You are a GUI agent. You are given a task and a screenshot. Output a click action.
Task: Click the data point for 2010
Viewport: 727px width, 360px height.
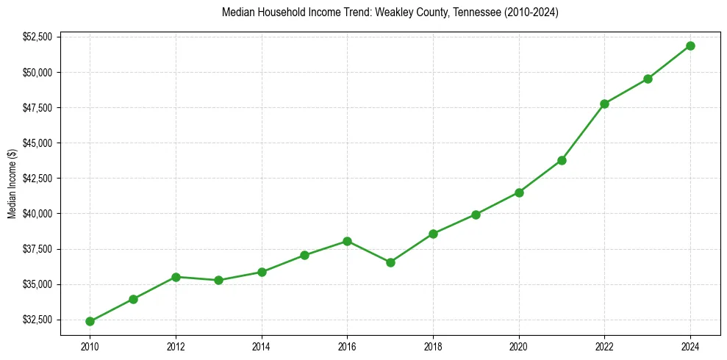[90, 321]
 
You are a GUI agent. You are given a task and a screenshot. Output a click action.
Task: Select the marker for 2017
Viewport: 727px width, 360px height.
[390, 262]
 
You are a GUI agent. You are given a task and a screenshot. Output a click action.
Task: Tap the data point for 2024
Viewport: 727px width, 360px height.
[690, 46]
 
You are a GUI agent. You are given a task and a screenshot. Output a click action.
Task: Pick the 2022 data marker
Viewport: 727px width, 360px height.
[604, 104]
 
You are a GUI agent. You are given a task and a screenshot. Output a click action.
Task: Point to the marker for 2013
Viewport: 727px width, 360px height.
[218, 280]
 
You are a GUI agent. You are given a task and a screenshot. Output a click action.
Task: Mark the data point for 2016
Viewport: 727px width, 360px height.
[347, 241]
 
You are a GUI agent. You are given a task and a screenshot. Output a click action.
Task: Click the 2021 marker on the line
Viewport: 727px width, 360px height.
[562, 160]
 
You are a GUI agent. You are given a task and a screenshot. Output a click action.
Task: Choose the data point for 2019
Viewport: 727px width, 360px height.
[476, 215]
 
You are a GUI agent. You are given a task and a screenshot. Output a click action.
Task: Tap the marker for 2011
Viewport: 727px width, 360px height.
[133, 299]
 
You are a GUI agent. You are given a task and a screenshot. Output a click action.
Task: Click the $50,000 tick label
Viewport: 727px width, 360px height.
[37, 72]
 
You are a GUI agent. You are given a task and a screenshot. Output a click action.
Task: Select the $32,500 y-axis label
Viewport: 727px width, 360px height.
[37, 320]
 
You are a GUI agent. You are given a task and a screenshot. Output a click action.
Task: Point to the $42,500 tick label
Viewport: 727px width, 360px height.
[37, 178]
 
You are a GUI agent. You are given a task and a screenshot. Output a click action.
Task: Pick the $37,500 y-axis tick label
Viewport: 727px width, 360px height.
[37, 249]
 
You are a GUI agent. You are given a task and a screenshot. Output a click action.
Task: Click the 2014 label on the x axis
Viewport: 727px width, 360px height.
[262, 346]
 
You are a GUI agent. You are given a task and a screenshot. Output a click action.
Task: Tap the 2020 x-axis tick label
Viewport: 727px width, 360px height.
[519, 346]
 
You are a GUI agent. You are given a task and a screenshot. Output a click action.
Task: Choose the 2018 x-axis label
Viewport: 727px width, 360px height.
[433, 346]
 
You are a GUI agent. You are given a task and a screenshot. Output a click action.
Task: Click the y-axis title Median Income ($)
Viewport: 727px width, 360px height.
[12, 184]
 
